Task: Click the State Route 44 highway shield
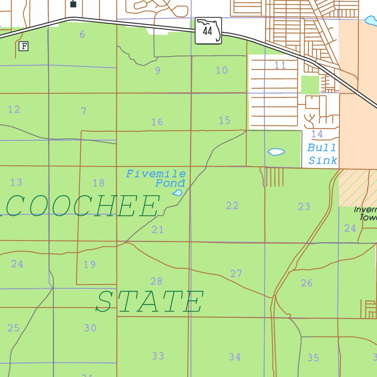click(208, 31)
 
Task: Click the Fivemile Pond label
click(156, 178)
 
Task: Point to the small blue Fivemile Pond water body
click(177, 193)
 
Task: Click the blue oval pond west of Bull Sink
click(276, 151)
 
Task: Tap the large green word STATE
click(149, 302)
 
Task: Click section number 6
click(82, 35)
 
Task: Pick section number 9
click(158, 71)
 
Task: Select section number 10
click(222, 70)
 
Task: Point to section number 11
click(280, 65)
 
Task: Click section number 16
click(157, 122)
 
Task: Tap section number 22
click(232, 206)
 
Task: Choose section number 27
click(236, 274)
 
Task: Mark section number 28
click(156, 281)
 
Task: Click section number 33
click(158, 356)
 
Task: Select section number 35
click(313, 357)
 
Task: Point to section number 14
click(317, 134)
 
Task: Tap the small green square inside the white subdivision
click(310, 85)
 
